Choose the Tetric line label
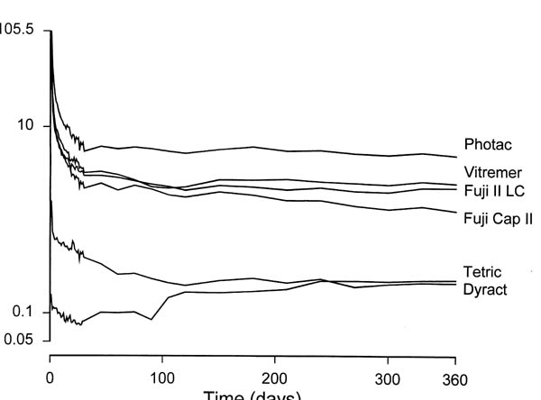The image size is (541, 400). [481, 272]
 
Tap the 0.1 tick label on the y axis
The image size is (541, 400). [24, 312]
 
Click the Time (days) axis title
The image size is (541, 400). [252, 395]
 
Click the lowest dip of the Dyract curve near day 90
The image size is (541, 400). [151, 319]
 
